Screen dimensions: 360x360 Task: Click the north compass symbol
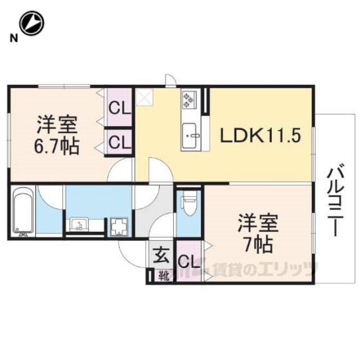32,24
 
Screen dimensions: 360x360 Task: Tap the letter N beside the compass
13,38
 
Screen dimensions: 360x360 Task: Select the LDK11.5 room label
260,136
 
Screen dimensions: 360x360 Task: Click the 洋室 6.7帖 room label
57,135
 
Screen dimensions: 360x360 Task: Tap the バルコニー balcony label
336,200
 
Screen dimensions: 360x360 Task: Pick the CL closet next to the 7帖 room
190,262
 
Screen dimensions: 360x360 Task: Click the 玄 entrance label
161,255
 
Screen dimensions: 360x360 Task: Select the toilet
189,202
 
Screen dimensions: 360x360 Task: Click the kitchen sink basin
190,136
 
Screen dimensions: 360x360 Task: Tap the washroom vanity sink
79,224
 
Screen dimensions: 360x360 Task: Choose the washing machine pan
119,227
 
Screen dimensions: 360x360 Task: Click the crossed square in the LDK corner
144,97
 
